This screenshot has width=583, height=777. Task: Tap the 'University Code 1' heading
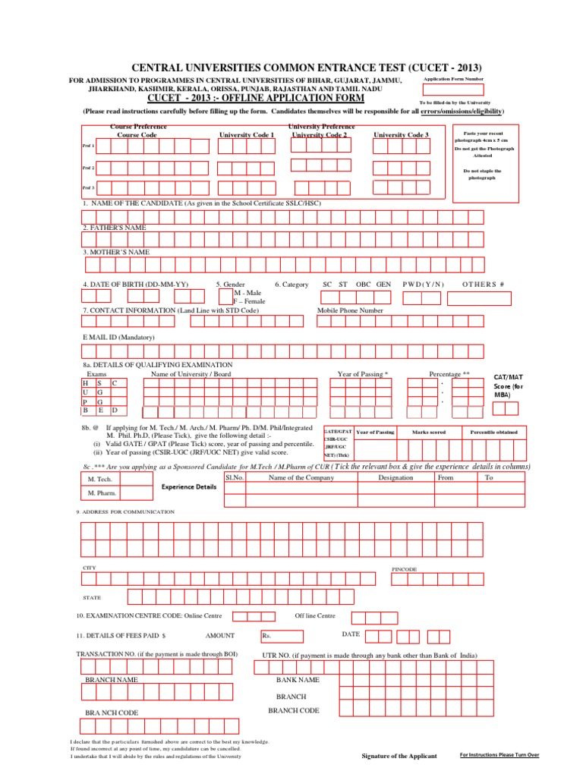click(x=246, y=134)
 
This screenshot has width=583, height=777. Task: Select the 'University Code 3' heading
click(x=401, y=134)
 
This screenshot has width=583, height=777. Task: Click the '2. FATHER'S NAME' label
click(x=115, y=228)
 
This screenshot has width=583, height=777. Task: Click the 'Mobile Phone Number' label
click(x=350, y=310)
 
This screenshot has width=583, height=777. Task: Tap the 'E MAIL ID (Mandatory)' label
click(x=118, y=337)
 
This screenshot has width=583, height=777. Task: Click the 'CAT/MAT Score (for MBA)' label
click(x=507, y=385)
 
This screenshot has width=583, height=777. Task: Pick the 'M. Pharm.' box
click(x=102, y=494)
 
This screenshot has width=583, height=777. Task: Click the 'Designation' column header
click(x=395, y=478)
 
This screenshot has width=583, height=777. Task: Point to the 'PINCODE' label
click(x=404, y=568)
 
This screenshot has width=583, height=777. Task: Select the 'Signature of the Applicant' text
click(x=399, y=757)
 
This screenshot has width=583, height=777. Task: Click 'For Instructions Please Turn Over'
click(x=499, y=755)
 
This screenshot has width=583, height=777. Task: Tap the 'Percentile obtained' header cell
click(x=493, y=432)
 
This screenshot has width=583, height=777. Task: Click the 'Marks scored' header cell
click(x=428, y=432)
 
